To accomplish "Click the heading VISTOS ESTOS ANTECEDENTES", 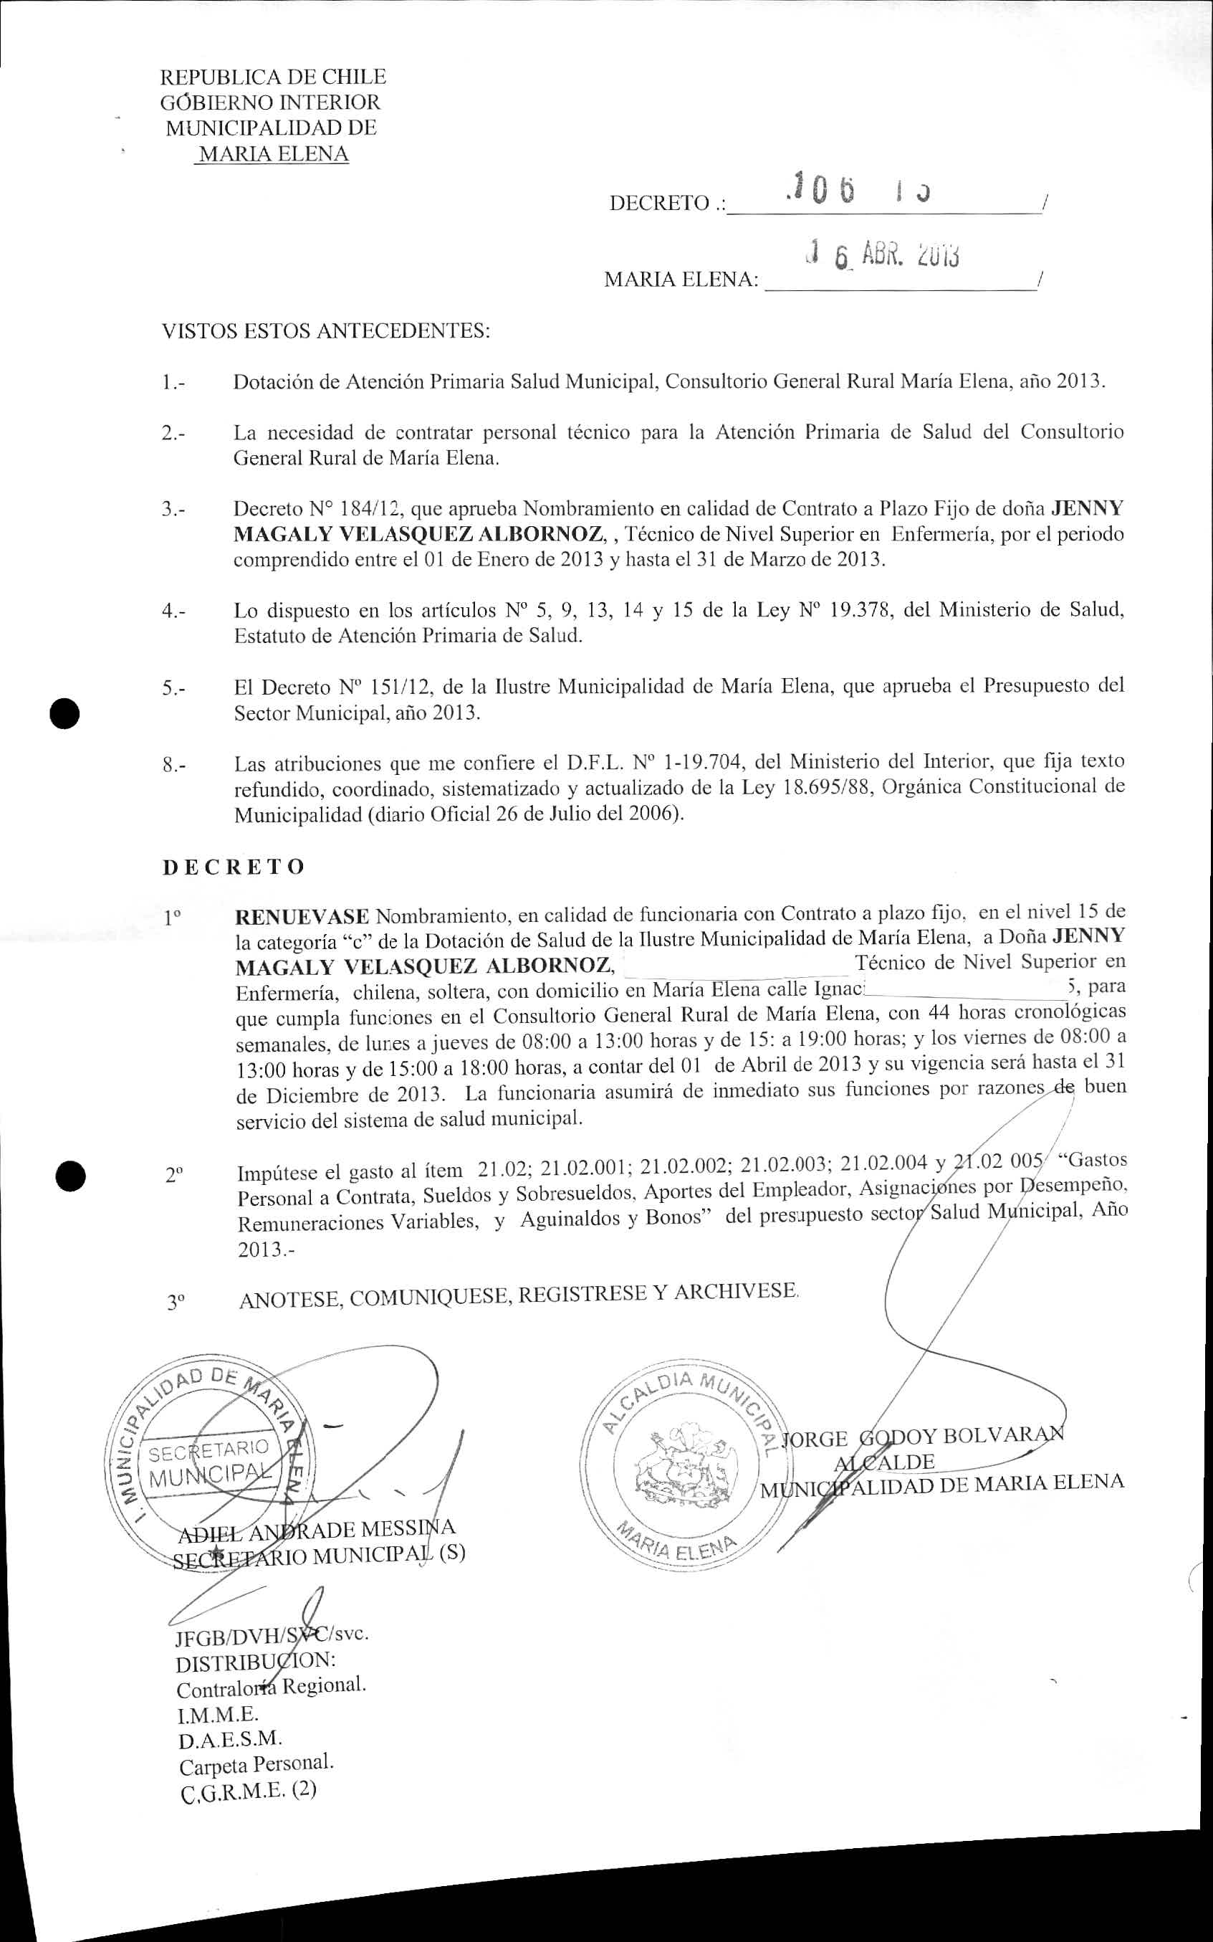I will (x=326, y=330).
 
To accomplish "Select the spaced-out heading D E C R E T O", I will (x=234, y=867).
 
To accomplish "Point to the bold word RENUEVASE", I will (x=302, y=916).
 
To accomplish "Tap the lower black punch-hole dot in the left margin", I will (x=71, y=1176).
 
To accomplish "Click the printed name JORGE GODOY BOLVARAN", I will (x=923, y=1438).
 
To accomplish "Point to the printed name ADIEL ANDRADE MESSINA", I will (x=316, y=1530).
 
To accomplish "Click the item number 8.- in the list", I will (x=174, y=765).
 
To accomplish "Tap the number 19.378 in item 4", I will (x=860, y=610).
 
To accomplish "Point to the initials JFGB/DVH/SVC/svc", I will (x=272, y=1634).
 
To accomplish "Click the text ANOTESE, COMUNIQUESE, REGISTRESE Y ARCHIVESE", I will (x=518, y=1294).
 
